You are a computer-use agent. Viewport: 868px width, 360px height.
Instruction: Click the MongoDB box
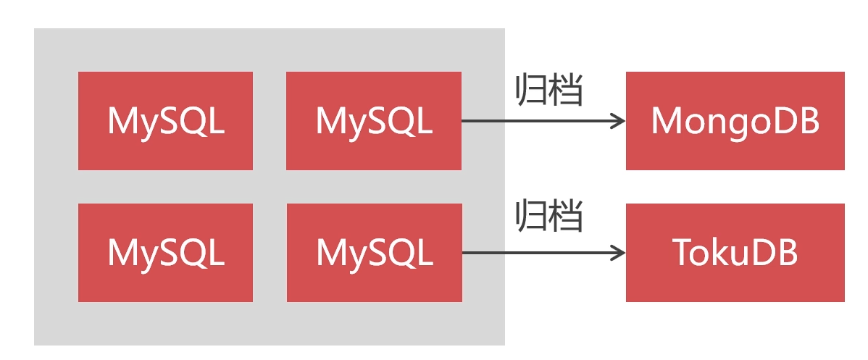click(735, 121)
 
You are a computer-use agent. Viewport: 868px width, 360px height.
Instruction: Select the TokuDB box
click(735, 253)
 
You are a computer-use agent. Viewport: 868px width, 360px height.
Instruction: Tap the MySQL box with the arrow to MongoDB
click(374, 121)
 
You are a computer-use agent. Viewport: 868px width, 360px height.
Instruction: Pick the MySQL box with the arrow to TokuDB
click(374, 253)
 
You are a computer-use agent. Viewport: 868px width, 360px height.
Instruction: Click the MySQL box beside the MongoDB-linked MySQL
click(165, 121)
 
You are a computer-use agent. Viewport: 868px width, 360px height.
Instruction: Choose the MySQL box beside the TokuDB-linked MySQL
click(165, 253)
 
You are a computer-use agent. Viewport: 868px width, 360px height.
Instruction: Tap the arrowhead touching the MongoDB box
click(618, 121)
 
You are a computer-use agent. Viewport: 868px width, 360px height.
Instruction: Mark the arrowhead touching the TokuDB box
click(618, 253)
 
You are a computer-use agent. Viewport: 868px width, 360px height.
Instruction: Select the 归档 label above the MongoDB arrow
click(549, 91)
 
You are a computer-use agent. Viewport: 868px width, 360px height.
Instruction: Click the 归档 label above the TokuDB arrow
click(549, 216)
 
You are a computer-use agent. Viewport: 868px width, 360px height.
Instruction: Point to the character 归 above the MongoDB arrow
click(531, 91)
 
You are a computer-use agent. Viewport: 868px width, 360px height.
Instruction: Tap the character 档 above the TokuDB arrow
click(567, 216)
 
